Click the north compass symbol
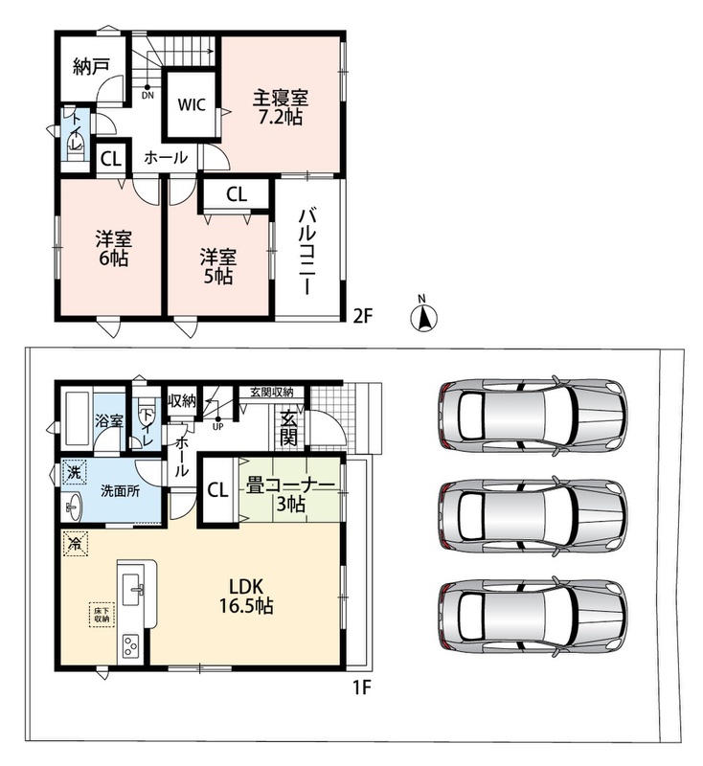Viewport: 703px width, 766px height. pyautogui.click(x=423, y=317)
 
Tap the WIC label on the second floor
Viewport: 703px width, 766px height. pyautogui.click(x=192, y=104)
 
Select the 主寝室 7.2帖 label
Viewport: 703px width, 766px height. pyautogui.click(x=280, y=107)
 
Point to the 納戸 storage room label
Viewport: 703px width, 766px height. pyautogui.click(x=91, y=66)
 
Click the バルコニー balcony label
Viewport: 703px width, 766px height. pyautogui.click(x=306, y=251)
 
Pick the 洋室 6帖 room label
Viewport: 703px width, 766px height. pyautogui.click(x=114, y=249)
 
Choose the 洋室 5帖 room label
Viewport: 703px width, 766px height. pyautogui.click(x=217, y=267)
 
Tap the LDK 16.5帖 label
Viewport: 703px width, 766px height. pyautogui.click(x=246, y=596)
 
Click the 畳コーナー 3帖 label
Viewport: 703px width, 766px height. pyautogui.click(x=290, y=494)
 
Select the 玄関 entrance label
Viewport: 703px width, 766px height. pyautogui.click(x=288, y=428)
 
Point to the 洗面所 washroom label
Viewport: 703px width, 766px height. pyautogui.click(x=120, y=490)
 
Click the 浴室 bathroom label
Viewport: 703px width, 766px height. pyautogui.click(x=109, y=420)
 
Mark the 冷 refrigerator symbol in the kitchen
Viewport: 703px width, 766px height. pyautogui.click(x=76, y=544)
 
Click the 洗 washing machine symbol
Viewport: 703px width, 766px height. pyautogui.click(x=75, y=472)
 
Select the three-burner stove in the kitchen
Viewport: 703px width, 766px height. pyautogui.click(x=130, y=645)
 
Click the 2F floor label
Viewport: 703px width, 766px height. pyautogui.click(x=363, y=317)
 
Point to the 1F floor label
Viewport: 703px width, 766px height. pyautogui.click(x=362, y=688)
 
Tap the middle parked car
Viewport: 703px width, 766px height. pyautogui.click(x=532, y=516)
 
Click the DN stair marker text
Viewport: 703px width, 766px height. pyautogui.click(x=147, y=96)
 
